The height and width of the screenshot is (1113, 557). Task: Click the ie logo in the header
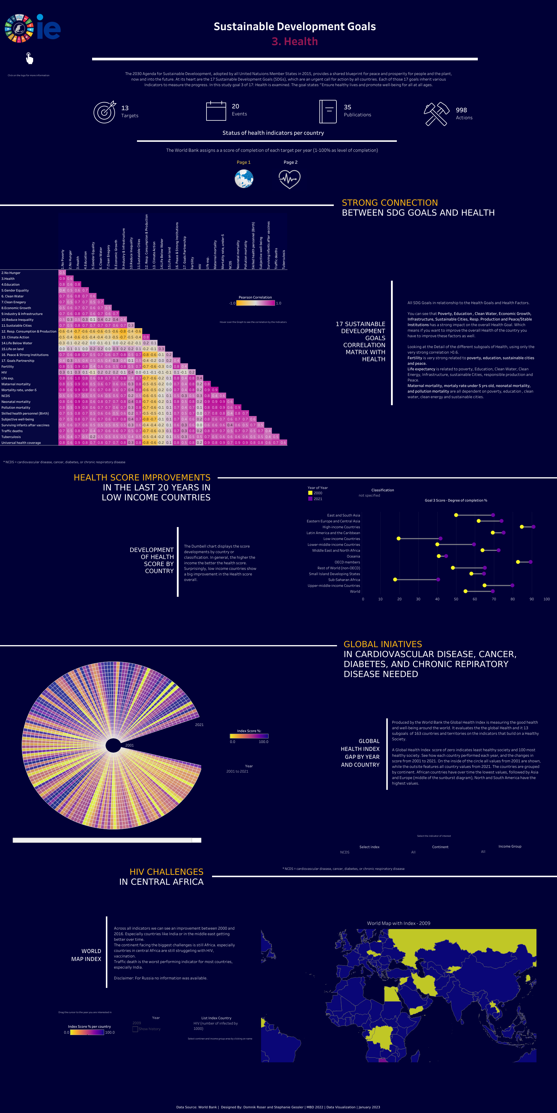(x=48, y=28)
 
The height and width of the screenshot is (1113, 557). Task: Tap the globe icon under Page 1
(x=244, y=179)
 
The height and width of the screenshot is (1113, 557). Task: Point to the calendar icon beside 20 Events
(x=216, y=111)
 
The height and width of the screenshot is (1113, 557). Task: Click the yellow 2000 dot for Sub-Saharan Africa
(x=395, y=579)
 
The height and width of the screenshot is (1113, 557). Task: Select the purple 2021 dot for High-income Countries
(x=533, y=527)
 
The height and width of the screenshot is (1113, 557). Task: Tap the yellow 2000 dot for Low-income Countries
(x=398, y=538)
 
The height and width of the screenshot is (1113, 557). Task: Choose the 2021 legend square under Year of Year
(x=310, y=499)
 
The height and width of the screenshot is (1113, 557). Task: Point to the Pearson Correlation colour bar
(x=255, y=303)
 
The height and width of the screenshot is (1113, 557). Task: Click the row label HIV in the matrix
(x=4, y=372)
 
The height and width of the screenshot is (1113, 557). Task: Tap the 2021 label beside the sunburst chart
(x=199, y=725)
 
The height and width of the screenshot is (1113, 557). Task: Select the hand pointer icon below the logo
(x=29, y=58)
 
